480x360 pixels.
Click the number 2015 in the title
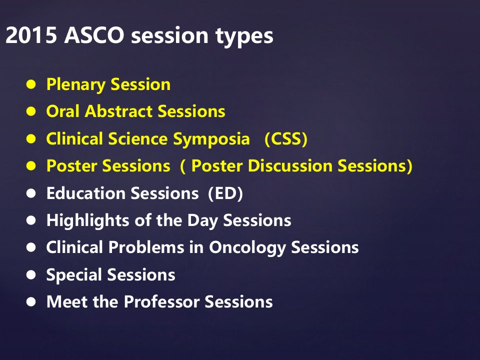tap(31, 35)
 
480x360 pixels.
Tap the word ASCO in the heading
tap(94, 35)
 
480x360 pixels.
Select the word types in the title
tap(244, 36)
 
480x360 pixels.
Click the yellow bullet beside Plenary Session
tap(31, 84)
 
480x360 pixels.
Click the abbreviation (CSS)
tap(286, 139)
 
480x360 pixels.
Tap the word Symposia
tap(211, 139)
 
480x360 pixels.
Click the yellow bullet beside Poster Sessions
tap(31, 166)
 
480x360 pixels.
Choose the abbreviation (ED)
tap(225, 193)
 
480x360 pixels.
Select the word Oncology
tap(247, 248)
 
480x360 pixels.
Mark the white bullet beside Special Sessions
tap(31, 274)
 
